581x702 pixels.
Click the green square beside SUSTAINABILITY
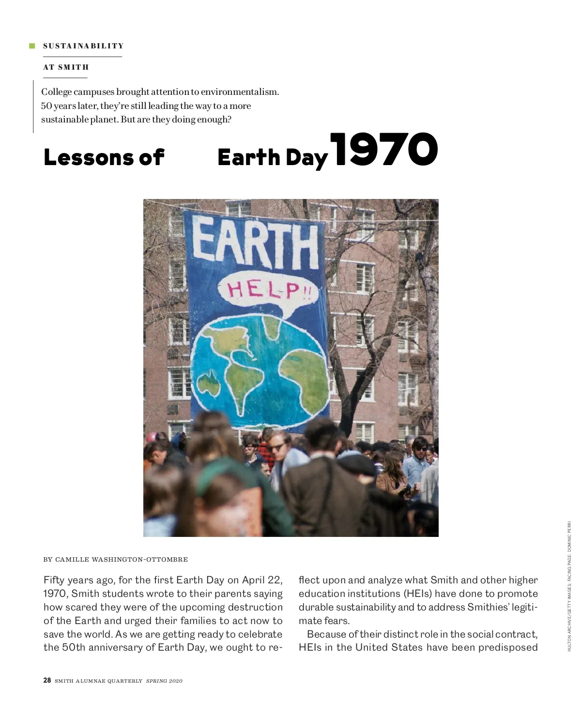(32, 46)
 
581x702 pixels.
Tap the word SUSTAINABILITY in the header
(83, 46)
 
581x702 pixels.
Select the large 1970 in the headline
(385, 150)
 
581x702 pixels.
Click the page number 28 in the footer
(47, 680)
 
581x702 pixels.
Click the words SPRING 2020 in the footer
(164, 681)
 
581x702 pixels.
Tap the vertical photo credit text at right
(569, 586)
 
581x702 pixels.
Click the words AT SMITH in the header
(66, 67)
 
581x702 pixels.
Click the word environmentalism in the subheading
(240, 92)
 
